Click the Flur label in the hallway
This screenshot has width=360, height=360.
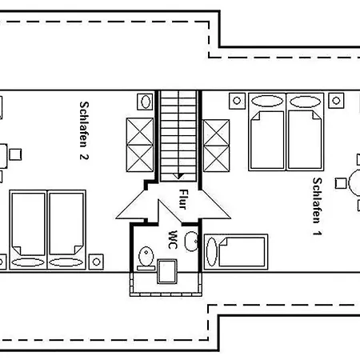tap(184, 199)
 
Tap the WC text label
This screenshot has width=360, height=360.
tap(173, 239)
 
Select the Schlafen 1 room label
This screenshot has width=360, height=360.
tap(317, 206)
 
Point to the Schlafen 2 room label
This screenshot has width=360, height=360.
tap(84, 130)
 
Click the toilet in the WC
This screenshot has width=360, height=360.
tap(146, 258)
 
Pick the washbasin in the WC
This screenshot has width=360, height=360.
tap(191, 242)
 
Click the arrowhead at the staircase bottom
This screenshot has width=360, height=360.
tap(178, 176)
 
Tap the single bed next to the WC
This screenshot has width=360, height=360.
tap(236, 252)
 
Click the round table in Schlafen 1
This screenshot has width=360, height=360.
tap(354, 183)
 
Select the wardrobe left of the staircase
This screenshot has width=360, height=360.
tap(140, 146)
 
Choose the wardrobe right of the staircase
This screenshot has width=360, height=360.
tap(216, 146)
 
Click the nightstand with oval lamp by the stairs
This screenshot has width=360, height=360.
tap(146, 102)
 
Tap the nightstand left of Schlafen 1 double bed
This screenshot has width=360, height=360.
tap(237, 101)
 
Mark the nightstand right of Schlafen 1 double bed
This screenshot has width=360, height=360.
tap(336, 101)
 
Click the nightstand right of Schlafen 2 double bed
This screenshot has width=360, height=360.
tap(96, 262)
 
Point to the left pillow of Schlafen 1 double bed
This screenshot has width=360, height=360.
tap(267, 102)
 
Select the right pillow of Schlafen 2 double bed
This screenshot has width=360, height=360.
tap(66, 262)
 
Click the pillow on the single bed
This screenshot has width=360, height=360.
tap(212, 252)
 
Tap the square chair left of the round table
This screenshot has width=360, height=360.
tap(341, 183)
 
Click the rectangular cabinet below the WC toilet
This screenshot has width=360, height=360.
tap(167, 271)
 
